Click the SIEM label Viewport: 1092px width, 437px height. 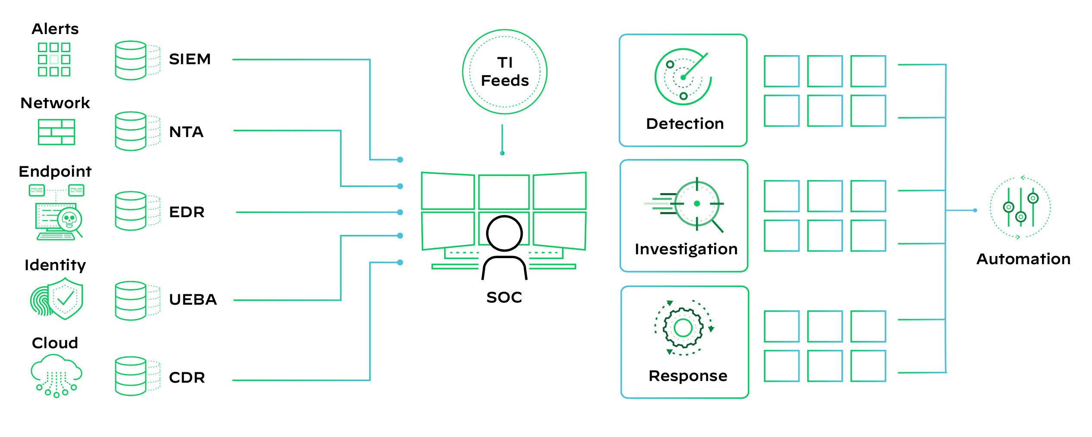190,59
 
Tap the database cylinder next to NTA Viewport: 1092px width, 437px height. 131,131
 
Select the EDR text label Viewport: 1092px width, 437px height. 186,212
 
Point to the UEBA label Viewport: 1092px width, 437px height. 193,300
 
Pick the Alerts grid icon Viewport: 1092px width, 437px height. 54,59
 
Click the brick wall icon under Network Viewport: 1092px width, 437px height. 56,132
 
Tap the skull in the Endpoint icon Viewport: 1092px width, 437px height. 69,218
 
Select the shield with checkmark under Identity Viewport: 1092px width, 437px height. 65,298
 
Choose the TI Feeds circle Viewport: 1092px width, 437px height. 505,72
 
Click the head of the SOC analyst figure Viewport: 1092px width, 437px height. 504,233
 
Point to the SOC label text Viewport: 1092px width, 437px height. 504,297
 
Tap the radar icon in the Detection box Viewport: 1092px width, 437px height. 683,77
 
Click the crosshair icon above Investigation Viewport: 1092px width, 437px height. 697,203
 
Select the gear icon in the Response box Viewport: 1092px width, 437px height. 683,328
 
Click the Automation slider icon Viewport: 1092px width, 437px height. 1020,208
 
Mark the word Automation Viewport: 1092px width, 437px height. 1023,259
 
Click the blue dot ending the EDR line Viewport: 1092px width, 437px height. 400,212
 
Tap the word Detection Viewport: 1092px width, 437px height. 685,124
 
